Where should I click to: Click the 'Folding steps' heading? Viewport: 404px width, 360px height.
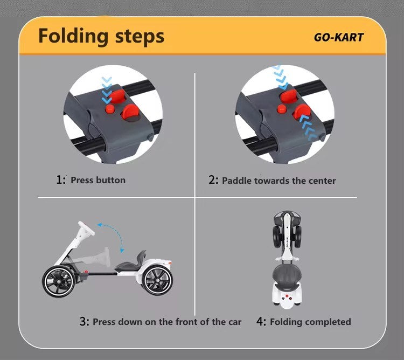101,37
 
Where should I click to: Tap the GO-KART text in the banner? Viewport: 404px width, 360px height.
339,37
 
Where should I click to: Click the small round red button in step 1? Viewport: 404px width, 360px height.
110,109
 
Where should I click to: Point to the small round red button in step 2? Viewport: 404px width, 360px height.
282,109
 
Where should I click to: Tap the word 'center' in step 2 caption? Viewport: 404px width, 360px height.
322,181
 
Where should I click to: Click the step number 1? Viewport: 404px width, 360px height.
60,180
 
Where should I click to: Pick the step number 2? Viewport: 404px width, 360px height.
213,180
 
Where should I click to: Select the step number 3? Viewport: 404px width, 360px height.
84,322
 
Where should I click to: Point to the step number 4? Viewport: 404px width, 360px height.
261,322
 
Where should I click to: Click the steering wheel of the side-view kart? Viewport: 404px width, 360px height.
87,229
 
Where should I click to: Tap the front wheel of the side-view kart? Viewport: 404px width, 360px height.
59,282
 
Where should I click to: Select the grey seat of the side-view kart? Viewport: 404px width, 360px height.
131,261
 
